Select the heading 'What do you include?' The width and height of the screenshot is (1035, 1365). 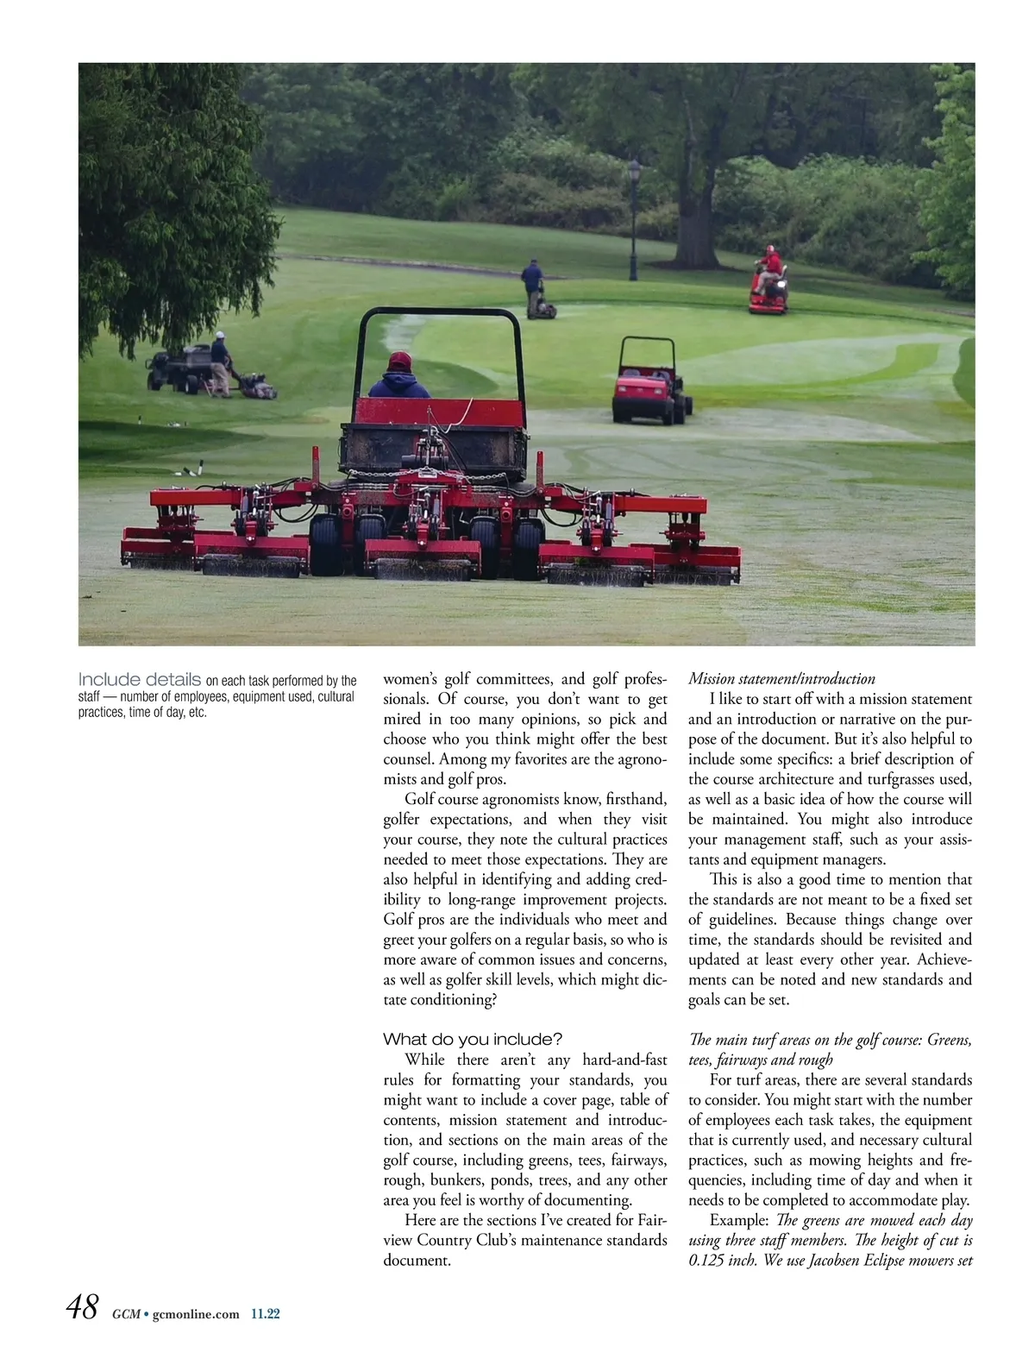pyautogui.click(x=473, y=1039)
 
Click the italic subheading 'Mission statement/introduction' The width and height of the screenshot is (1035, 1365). pyautogui.click(x=781, y=679)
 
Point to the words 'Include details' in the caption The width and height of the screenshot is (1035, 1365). pyautogui.click(x=140, y=680)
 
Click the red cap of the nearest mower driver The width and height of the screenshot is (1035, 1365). pyautogui.click(x=399, y=361)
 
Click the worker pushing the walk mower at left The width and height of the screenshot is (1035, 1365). pyautogui.click(x=221, y=364)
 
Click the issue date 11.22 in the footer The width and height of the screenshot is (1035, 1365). pyautogui.click(x=266, y=1315)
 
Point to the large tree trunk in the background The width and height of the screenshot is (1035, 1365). pyautogui.click(x=695, y=233)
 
